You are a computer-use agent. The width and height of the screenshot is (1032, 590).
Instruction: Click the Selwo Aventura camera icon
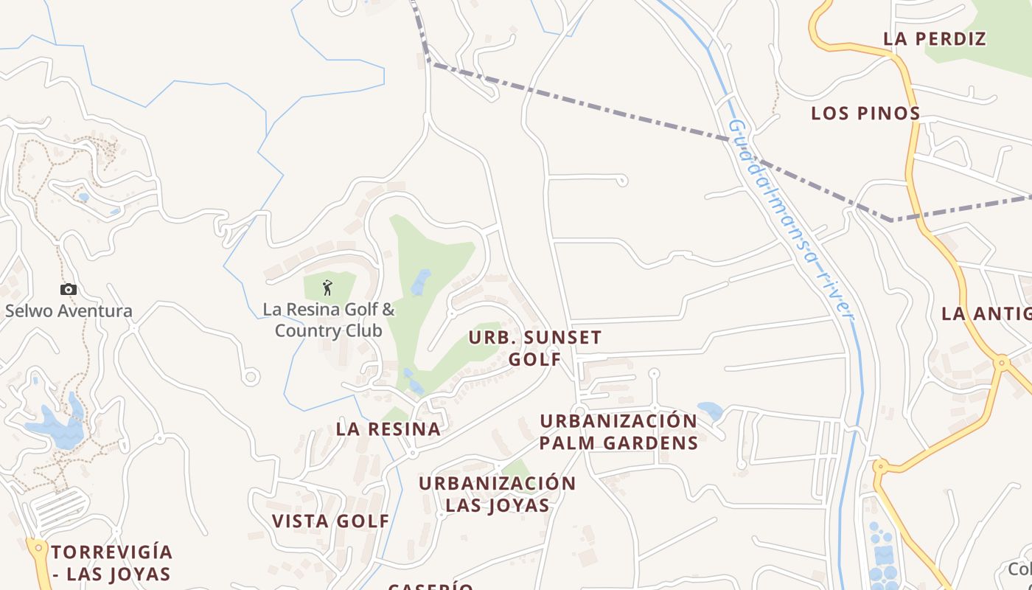(69, 290)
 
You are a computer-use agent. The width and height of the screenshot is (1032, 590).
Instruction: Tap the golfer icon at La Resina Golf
(327, 288)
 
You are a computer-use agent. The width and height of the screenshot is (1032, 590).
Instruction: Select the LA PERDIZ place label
(935, 39)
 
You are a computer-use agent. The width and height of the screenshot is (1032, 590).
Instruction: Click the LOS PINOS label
(865, 114)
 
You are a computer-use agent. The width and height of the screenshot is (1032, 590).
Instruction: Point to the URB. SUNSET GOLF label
(535, 348)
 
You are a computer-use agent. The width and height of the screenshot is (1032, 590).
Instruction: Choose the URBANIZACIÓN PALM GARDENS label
(618, 431)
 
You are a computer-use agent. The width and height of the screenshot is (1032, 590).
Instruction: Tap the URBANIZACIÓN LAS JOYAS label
(498, 494)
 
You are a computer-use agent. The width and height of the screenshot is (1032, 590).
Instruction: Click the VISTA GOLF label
(330, 521)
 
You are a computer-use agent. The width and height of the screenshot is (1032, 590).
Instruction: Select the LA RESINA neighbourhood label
(388, 429)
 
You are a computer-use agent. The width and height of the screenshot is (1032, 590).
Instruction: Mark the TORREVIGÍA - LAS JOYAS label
(111, 563)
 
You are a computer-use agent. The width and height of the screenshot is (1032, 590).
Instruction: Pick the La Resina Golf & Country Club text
(329, 320)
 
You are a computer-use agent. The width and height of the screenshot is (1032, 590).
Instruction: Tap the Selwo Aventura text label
(69, 310)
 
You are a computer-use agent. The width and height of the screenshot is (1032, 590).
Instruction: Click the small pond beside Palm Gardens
(711, 410)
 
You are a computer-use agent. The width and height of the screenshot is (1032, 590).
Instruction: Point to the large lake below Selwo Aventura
(55, 431)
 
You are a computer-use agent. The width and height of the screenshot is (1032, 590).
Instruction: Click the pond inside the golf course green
(421, 282)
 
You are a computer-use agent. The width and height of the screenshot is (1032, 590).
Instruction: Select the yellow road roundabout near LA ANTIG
(1001, 362)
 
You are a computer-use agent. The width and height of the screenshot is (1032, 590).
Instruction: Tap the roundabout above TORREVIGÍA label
(37, 548)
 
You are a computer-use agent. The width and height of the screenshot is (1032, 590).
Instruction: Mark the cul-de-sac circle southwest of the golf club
(251, 378)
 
